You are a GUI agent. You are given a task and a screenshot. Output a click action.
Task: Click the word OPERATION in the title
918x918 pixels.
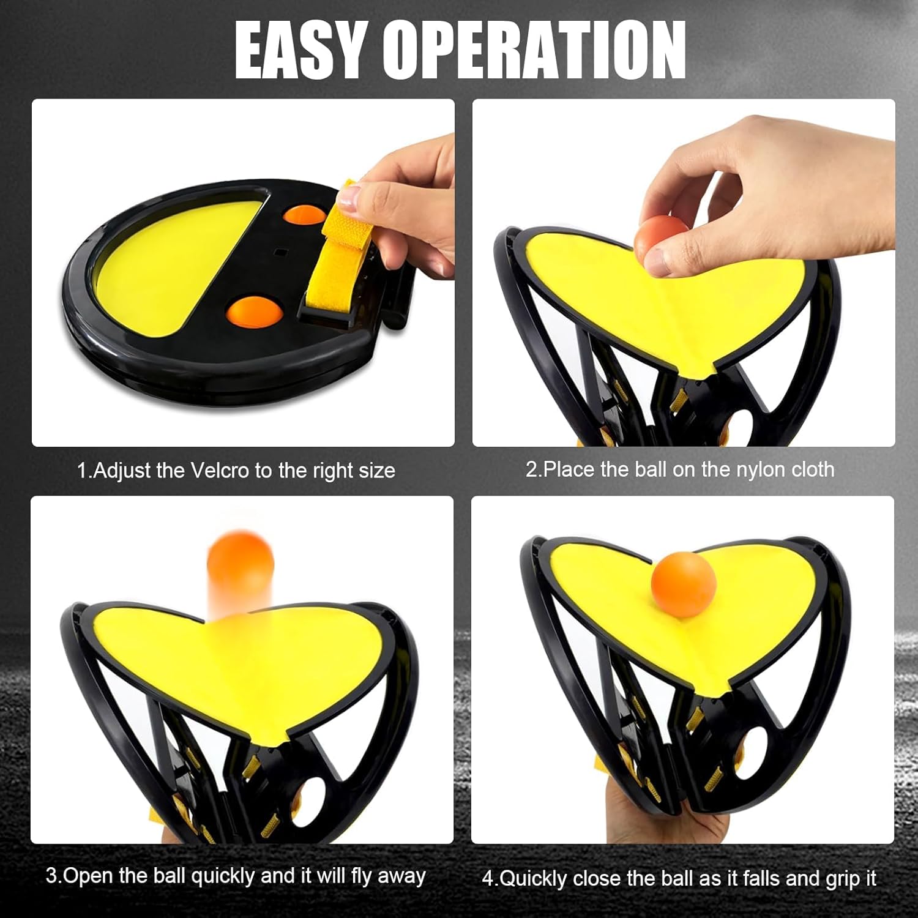pos(537,50)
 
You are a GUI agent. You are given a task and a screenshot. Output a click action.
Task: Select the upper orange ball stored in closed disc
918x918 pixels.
pos(304,217)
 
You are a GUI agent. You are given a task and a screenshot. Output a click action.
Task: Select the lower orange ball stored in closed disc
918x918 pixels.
pos(255,310)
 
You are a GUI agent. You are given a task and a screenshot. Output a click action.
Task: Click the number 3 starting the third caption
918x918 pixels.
pos(51,876)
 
